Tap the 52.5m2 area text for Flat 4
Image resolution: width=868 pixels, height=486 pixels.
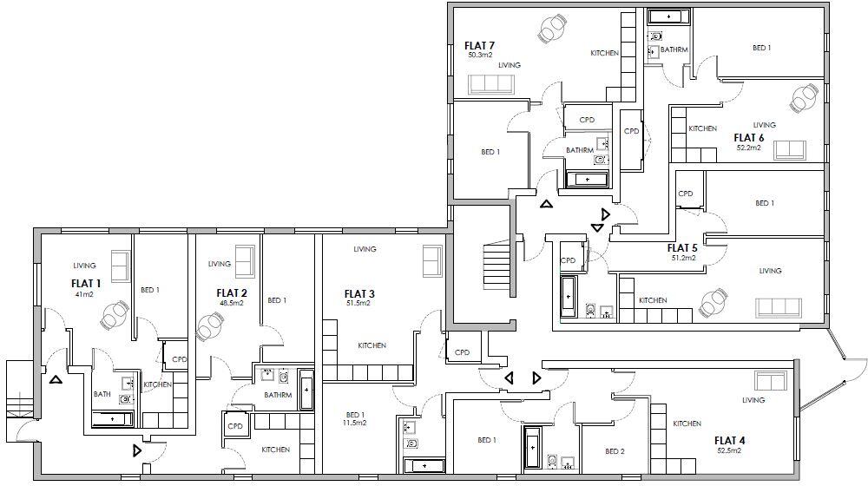tap(728, 451)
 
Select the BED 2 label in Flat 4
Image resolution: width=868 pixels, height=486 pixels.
tap(615, 451)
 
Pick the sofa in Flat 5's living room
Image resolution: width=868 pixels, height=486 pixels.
tap(778, 307)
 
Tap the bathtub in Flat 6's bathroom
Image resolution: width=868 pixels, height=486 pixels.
tap(668, 16)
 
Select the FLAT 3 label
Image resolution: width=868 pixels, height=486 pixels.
tap(359, 292)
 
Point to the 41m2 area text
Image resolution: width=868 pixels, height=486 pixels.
tap(83, 294)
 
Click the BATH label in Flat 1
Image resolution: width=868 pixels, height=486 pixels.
tap(102, 395)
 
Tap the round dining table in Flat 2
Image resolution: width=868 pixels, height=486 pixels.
tap(211, 327)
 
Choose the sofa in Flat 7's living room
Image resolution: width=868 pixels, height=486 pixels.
tap(490, 84)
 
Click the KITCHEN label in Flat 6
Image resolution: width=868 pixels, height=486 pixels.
tap(702, 128)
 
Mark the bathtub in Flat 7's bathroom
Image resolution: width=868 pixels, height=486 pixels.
tap(588, 180)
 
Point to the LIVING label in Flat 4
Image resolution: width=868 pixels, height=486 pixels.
tap(753, 400)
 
